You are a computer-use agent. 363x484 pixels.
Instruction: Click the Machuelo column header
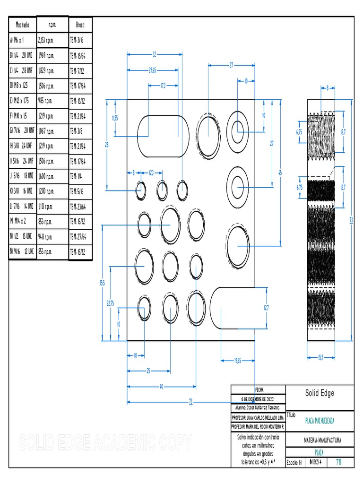click(x=22, y=25)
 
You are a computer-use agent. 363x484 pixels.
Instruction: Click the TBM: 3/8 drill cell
click(x=77, y=131)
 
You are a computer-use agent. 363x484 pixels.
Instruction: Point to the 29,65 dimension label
click(x=152, y=70)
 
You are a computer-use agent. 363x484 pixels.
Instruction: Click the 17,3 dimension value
click(x=163, y=86)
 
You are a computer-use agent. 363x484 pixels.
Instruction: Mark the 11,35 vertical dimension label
click(x=115, y=118)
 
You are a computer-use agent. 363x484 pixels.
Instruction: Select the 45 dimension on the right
click(x=280, y=173)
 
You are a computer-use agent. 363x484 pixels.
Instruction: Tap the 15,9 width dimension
click(x=320, y=357)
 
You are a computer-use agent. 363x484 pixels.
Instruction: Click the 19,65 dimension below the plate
click(x=238, y=361)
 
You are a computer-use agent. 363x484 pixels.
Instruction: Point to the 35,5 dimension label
click(x=102, y=283)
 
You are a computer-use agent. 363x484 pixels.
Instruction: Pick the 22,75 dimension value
click(x=110, y=303)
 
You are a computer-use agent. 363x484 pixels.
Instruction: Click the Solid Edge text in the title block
click(x=320, y=393)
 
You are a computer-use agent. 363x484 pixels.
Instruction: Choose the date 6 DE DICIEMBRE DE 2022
click(x=258, y=398)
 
